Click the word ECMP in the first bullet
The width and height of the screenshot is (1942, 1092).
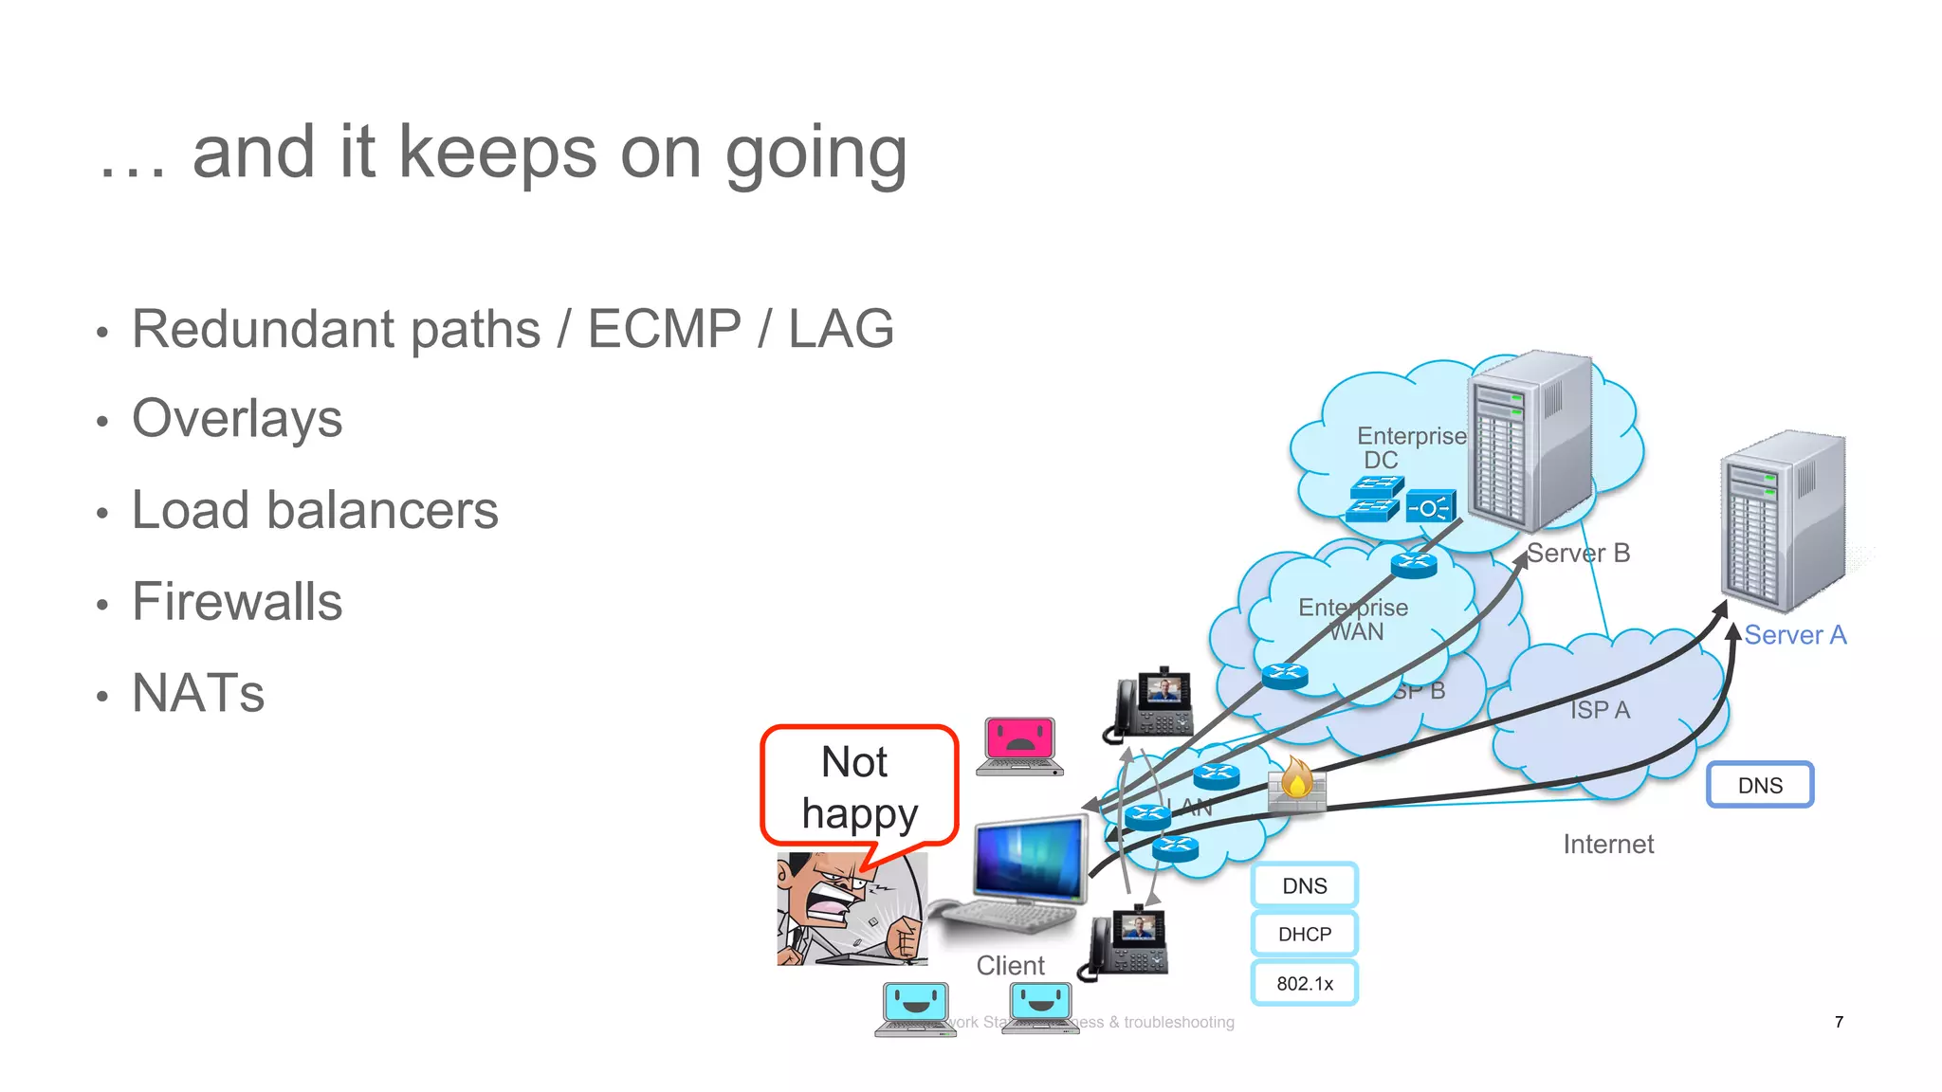pos(664,329)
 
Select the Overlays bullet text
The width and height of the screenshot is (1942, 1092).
pos(237,419)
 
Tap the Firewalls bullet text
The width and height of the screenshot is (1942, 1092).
pos(237,602)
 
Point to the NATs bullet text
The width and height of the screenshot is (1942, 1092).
pos(198,693)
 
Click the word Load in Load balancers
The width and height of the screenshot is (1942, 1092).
pos(190,510)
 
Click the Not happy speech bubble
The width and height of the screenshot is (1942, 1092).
pos(858,786)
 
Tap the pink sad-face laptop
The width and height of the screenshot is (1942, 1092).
pos(1019,743)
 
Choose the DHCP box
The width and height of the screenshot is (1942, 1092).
pos(1305,934)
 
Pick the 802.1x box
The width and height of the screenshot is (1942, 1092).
pos(1305,983)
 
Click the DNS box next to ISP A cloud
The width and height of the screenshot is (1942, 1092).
pos(1760,785)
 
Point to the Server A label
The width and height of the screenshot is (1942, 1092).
pos(1795,635)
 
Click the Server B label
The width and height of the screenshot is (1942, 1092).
pos(1579,553)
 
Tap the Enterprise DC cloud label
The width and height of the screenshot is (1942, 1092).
pos(1410,447)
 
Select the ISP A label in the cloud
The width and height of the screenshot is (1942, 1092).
pos(1600,709)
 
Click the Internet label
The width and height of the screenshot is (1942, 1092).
pos(1608,844)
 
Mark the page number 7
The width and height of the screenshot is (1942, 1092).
pos(1839,1022)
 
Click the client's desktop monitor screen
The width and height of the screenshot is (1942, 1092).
pos(1029,859)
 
